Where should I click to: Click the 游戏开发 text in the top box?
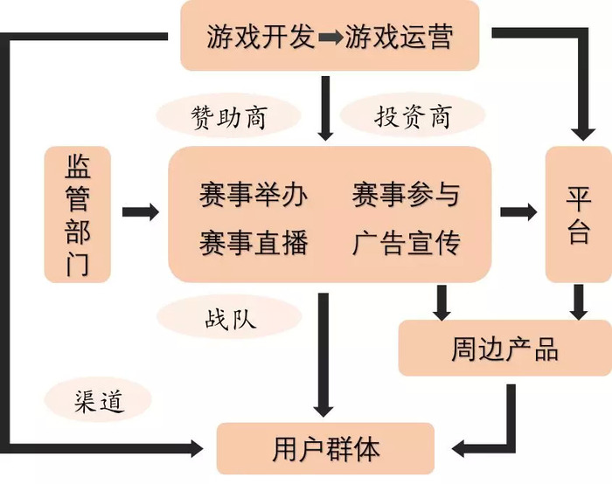pos(261,37)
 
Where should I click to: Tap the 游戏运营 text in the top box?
pos(399,37)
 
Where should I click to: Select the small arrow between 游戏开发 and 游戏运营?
pos(330,38)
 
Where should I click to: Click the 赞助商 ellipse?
pos(229,116)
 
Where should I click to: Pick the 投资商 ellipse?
pos(413,116)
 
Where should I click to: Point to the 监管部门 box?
pos(78,214)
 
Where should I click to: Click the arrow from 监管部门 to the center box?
pos(141,211)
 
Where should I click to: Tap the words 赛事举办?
pos(254,194)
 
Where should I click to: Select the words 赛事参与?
pos(406,194)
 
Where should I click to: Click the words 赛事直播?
pos(254,243)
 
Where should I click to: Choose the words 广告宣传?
pos(406,243)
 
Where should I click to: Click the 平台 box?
pos(579,214)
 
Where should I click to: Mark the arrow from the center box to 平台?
pos(518,211)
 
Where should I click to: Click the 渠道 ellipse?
pos(98,400)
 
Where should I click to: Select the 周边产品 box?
pos(505,348)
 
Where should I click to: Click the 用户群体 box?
pos(325,448)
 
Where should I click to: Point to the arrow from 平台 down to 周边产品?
pos(579,302)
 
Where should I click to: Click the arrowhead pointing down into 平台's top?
pos(583,134)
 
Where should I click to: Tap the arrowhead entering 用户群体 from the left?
pos(197,448)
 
